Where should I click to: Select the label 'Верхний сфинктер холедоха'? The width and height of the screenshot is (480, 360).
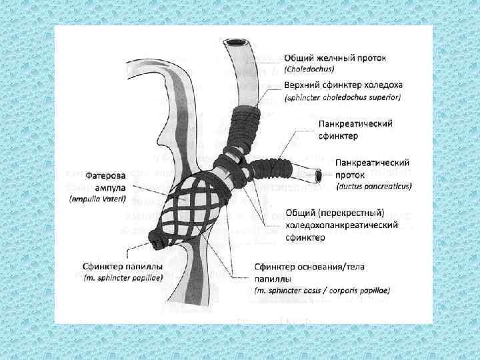click(x=343, y=85)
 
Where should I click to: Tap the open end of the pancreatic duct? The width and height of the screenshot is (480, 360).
click(x=319, y=175)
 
